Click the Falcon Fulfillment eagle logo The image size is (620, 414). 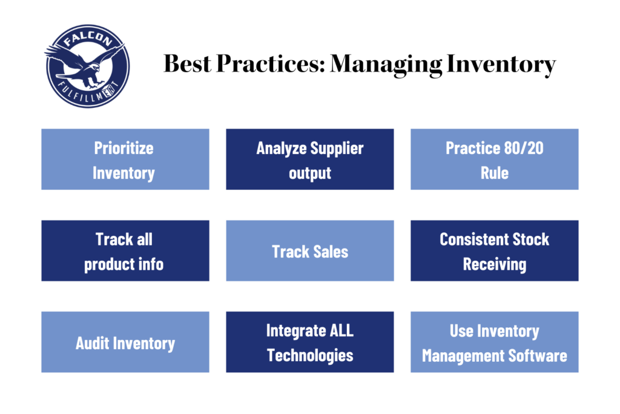click(87, 66)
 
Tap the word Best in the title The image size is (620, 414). click(188, 64)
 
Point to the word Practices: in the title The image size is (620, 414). click(271, 64)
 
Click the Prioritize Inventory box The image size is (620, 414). click(125, 159)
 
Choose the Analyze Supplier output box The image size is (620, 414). click(310, 159)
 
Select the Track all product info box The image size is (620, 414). click(125, 250)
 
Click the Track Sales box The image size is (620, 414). click(310, 250)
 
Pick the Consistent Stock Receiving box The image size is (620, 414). click(495, 250)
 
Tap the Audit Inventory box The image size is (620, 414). click(125, 342)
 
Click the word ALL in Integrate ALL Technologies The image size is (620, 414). click(341, 331)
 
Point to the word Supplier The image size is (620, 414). click(337, 149)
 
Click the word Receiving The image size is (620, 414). click(495, 264)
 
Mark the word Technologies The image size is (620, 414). click(310, 355)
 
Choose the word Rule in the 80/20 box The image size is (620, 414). click(495, 173)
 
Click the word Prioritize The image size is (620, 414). click(124, 148)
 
